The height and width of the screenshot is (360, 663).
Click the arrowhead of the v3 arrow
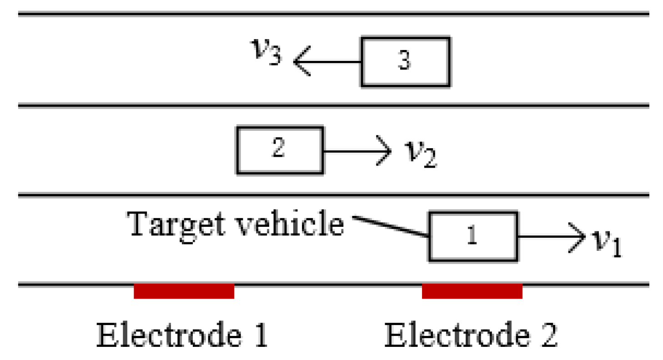[300, 62]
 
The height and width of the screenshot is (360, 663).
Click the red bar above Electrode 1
[184, 291]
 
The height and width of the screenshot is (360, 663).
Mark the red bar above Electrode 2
[472, 291]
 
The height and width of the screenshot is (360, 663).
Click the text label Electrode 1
[182, 335]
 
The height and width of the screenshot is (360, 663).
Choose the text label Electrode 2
[471, 335]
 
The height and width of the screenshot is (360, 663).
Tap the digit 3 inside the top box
[404, 62]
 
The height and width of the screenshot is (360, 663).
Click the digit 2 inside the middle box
[278, 150]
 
